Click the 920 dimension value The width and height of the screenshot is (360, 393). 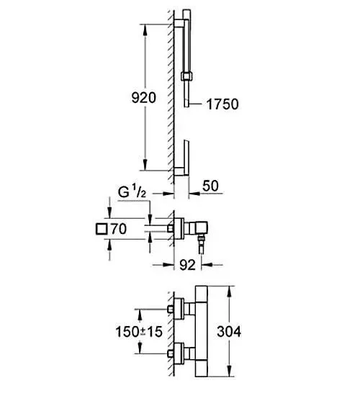click(x=144, y=97)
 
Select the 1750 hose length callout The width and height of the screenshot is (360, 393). click(x=222, y=104)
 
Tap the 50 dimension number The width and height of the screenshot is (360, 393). click(x=210, y=186)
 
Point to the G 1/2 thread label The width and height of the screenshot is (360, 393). click(x=132, y=192)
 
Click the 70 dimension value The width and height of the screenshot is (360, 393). click(x=119, y=229)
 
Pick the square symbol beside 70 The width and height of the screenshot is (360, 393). click(x=102, y=229)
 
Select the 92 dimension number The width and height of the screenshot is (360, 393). click(x=187, y=265)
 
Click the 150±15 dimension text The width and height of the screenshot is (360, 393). click(x=139, y=332)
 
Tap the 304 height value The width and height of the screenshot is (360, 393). click(x=229, y=331)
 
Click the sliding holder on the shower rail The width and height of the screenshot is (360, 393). click(x=186, y=76)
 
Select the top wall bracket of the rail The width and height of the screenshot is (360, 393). click(x=179, y=23)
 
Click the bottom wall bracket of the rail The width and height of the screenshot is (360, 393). click(x=181, y=171)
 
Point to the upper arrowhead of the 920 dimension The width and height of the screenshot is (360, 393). click(x=145, y=30)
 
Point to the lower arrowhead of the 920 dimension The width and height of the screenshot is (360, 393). click(x=145, y=164)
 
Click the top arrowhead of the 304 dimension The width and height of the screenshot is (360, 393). click(x=229, y=292)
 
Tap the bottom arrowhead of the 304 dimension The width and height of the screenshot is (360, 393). click(x=229, y=371)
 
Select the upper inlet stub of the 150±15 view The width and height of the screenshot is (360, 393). click(x=171, y=310)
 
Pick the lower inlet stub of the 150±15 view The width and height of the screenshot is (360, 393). click(x=171, y=353)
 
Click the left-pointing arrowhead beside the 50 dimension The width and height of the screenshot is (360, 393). click(x=194, y=194)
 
